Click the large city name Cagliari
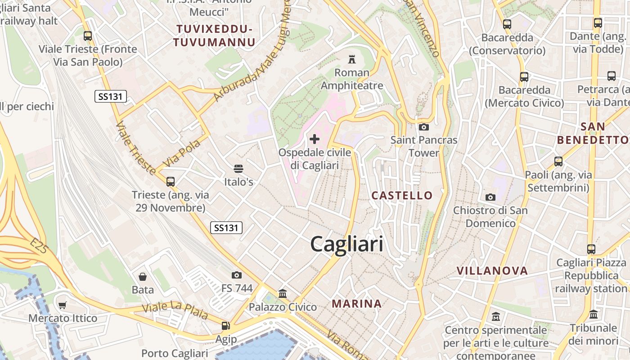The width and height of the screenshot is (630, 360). pyautogui.click(x=347, y=244)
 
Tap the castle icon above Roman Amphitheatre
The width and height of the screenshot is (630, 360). pyautogui.click(x=352, y=59)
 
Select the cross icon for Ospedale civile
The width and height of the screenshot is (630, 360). pyautogui.click(x=315, y=139)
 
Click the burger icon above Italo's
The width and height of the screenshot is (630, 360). pyautogui.click(x=238, y=169)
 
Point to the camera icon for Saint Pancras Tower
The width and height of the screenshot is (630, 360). pyautogui.click(x=423, y=127)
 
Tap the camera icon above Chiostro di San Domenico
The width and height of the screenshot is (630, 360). pyautogui.click(x=490, y=197)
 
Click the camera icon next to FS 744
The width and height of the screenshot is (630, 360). pyautogui.click(x=237, y=275)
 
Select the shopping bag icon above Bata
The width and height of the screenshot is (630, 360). pyautogui.click(x=143, y=276)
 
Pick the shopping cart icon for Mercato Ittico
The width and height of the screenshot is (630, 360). pyautogui.click(x=63, y=305)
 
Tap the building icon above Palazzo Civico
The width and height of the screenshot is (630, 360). pyautogui.click(x=283, y=294)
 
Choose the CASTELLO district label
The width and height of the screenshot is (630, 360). pyautogui.click(x=402, y=195)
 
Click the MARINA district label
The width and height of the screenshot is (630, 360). pyautogui.click(x=357, y=304)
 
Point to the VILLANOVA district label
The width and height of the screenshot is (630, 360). pyautogui.click(x=492, y=270)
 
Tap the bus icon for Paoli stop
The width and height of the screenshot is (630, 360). pyautogui.click(x=558, y=161)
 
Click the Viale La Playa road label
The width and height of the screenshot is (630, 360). pyautogui.click(x=175, y=311)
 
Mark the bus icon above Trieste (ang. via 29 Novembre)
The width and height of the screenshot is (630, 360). pyautogui.click(x=170, y=182)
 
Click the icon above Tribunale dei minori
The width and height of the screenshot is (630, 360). pyautogui.click(x=594, y=314)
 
